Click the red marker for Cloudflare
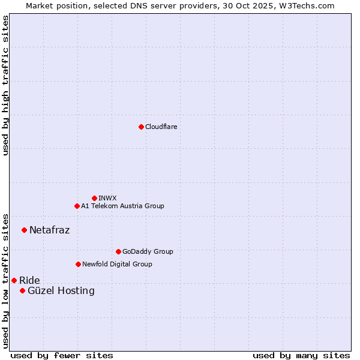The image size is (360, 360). coord(141,127)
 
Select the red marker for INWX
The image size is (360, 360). coord(94,198)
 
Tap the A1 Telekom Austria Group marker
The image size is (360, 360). coord(77,206)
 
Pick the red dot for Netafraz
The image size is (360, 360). coord(24,230)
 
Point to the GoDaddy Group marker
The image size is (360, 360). coord(118,251)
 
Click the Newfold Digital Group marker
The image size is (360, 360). coord(78,264)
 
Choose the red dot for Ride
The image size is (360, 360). coord(14,280)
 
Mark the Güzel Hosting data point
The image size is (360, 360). coord(22,290)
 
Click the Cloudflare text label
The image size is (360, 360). coord(161,127)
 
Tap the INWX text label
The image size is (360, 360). coord(107,198)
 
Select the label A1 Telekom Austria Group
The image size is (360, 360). coord(122,206)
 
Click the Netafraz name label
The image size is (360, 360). coord(49,230)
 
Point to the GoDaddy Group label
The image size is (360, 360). coord(148,251)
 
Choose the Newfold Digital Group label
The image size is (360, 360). coord(117,264)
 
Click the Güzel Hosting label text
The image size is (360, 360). coord(61,291)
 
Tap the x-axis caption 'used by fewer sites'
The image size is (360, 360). coord(62,355)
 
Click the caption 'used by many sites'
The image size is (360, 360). coord(301,355)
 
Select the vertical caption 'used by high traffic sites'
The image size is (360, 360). coord(5,85)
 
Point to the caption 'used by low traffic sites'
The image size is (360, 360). coord(5,280)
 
